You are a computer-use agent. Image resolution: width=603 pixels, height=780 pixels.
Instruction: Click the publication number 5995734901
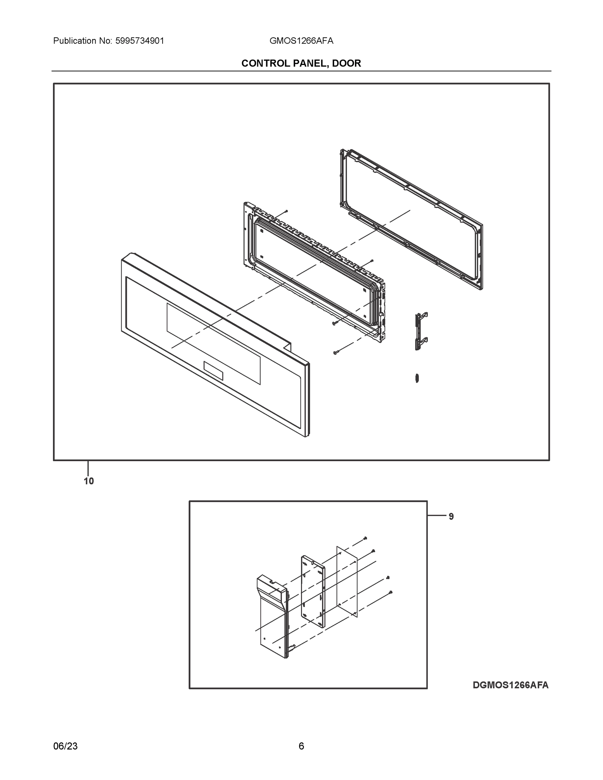(x=140, y=41)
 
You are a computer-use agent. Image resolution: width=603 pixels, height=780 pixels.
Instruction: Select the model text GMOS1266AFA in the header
(x=301, y=41)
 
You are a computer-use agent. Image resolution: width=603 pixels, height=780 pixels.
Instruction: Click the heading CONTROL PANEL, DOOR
(x=301, y=63)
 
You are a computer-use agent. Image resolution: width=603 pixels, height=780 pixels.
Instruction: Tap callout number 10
(x=89, y=481)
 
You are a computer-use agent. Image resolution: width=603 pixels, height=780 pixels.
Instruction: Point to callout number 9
(x=451, y=516)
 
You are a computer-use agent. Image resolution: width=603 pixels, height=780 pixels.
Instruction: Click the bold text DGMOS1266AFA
(x=510, y=685)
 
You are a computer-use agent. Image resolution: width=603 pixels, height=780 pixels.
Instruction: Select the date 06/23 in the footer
(x=65, y=746)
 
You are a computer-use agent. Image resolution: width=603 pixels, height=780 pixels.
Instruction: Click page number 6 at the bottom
(x=301, y=746)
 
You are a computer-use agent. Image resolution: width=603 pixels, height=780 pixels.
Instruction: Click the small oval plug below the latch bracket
(x=417, y=378)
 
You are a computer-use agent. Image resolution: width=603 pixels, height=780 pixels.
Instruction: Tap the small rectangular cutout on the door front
(x=213, y=371)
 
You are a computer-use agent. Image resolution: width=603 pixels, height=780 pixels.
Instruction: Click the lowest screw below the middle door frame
(x=335, y=353)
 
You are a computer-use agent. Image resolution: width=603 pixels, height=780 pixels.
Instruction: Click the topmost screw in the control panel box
(x=365, y=538)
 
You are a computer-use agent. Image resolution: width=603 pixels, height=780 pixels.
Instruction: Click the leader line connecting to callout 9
(x=437, y=515)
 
